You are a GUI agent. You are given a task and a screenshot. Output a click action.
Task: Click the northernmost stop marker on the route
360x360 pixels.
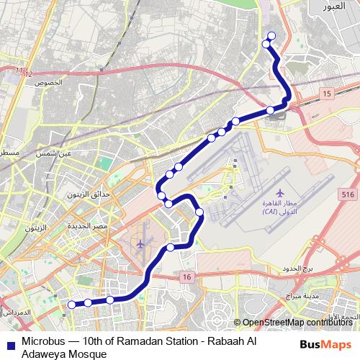tap(271, 37)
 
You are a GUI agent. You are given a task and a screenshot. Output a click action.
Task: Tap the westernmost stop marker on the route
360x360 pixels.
tap(72, 305)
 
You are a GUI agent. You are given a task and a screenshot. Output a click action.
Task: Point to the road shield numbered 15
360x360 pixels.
tap(327, 94)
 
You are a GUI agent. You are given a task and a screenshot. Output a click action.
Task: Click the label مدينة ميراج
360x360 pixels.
tap(302, 296)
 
